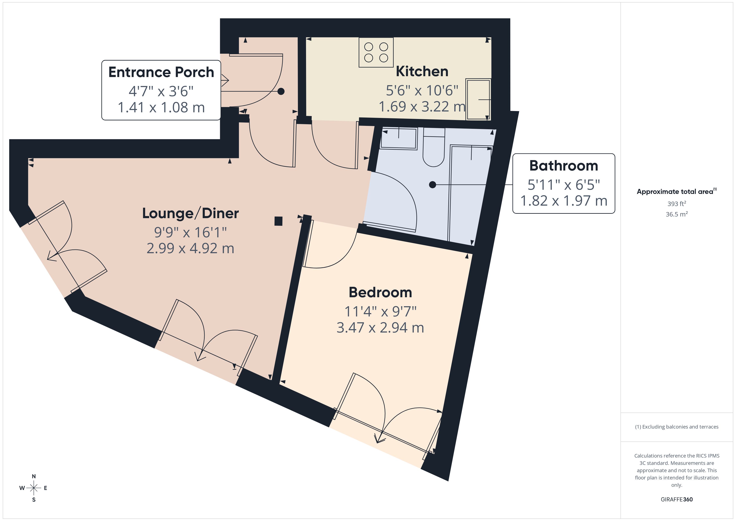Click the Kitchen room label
(422, 71)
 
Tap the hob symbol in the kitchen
(376, 52)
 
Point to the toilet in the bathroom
(434, 147)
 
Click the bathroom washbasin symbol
(399, 139)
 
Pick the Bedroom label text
(380, 292)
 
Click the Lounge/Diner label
(190, 213)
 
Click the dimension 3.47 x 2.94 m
(380, 328)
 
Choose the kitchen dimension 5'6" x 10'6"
(422, 90)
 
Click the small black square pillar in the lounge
(278, 221)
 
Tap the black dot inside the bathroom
(432, 185)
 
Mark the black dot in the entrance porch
(281, 91)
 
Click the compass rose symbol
(34, 488)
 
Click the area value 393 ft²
(677, 204)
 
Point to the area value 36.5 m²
(677, 214)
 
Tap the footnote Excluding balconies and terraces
(677, 427)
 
